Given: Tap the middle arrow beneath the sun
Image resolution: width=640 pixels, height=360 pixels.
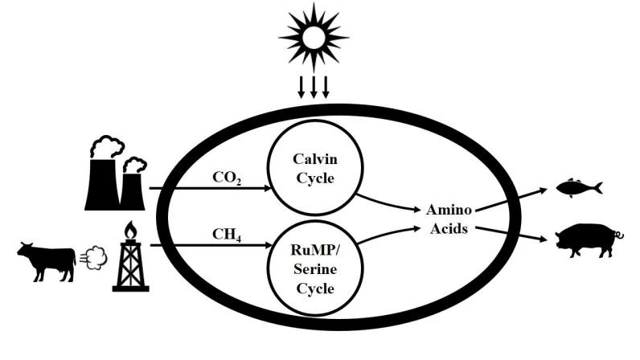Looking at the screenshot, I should [x=314, y=87].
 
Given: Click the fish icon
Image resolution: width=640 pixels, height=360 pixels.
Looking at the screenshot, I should [x=579, y=189].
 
